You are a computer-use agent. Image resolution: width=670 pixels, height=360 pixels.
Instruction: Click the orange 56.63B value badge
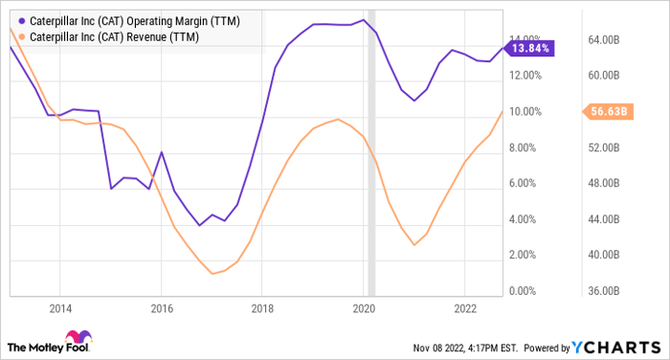(x=605, y=111)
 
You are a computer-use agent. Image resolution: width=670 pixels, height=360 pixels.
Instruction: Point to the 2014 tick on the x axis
(x=60, y=308)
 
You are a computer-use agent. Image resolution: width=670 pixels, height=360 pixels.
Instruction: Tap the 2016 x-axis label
(x=162, y=308)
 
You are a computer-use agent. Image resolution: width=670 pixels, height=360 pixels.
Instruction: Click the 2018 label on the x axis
(x=262, y=308)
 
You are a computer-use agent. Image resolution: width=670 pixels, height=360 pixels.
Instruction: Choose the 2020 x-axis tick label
(x=364, y=308)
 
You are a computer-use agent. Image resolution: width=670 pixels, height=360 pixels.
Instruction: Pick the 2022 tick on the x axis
(x=464, y=308)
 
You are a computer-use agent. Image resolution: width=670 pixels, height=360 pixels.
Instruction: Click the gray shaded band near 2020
(x=371, y=153)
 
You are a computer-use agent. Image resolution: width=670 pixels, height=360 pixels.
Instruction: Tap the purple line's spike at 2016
(x=161, y=152)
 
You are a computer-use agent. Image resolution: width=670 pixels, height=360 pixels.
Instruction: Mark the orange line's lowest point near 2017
(x=212, y=274)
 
